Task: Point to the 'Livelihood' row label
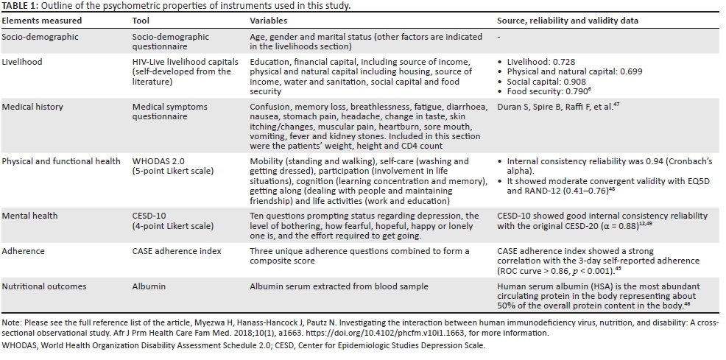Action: (23, 62)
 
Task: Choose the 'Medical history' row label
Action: (33, 107)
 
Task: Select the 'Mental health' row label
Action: (30, 216)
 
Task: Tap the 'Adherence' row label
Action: (24, 251)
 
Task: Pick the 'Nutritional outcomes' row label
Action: (44, 286)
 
